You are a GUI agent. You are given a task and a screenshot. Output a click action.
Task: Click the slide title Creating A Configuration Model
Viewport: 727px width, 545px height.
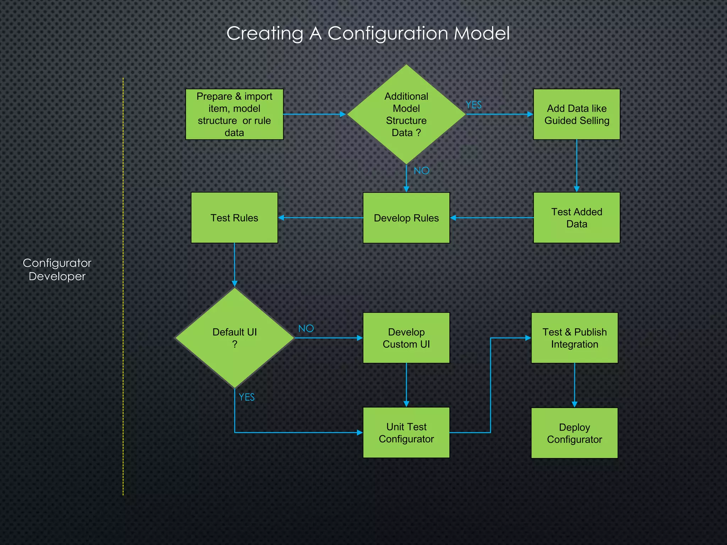tap(368, 33)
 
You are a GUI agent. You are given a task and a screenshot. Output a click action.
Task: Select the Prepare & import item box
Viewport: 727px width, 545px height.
tap(234, 114)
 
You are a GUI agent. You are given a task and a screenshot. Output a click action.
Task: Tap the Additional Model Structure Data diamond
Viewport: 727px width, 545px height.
tap(406, 114)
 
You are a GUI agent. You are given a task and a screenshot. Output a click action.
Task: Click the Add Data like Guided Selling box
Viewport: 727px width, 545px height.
tap(576, 114)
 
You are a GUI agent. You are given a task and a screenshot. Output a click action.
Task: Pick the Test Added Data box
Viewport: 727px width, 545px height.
tap(576, 218)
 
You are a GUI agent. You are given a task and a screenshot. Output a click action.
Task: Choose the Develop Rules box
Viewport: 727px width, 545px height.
tap(406, 218)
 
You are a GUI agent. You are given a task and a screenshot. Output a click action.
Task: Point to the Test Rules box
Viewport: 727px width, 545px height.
tap(234, 218)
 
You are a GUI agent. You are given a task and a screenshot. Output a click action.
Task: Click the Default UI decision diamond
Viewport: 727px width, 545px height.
tap(234, 338)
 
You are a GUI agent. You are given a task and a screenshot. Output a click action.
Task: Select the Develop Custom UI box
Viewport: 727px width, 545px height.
tap(406, 338)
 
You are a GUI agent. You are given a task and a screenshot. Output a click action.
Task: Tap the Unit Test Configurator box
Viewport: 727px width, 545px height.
tap(406, 433)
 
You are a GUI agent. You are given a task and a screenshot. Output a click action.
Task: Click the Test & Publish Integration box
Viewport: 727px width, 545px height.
tap(574, 338)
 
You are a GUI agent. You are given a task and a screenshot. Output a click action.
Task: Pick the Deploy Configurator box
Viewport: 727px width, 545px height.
tap(574, 433)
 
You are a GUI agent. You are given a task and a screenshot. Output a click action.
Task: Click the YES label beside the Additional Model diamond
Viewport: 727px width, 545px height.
tap(474, 105)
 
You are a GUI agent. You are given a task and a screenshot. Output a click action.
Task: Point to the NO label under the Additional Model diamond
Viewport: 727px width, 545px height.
tap(421, 171)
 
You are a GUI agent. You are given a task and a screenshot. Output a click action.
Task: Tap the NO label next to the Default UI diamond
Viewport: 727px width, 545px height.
tap(306, 329)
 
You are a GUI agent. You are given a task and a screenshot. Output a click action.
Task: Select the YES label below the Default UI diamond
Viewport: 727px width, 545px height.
tap(246, 397)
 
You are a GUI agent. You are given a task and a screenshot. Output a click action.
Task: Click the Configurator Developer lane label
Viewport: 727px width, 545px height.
tap(57, 269)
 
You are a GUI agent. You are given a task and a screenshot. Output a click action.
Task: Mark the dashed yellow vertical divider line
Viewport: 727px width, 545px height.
tap(123, 284)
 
